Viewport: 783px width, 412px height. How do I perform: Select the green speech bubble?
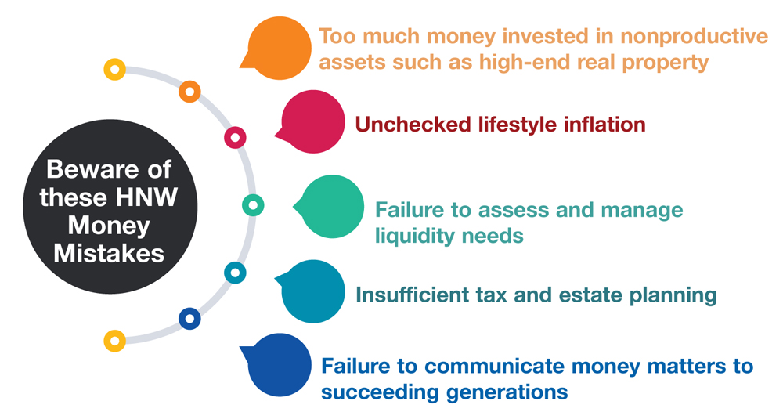pyautogui.click(x=334, y=207)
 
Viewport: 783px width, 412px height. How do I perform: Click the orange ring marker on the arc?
pyautogui.click(x=189, y=92)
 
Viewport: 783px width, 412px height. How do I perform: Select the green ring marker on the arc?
pyautogui.click(x=253, y=205)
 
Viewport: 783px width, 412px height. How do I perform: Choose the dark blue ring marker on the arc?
pyautogui.click(x=189, y=319)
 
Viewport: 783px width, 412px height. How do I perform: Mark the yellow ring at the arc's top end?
pyautogui.click(x=115, y=69)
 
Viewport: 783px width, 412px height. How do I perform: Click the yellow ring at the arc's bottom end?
pyautogui.click(x=115, y=341)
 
